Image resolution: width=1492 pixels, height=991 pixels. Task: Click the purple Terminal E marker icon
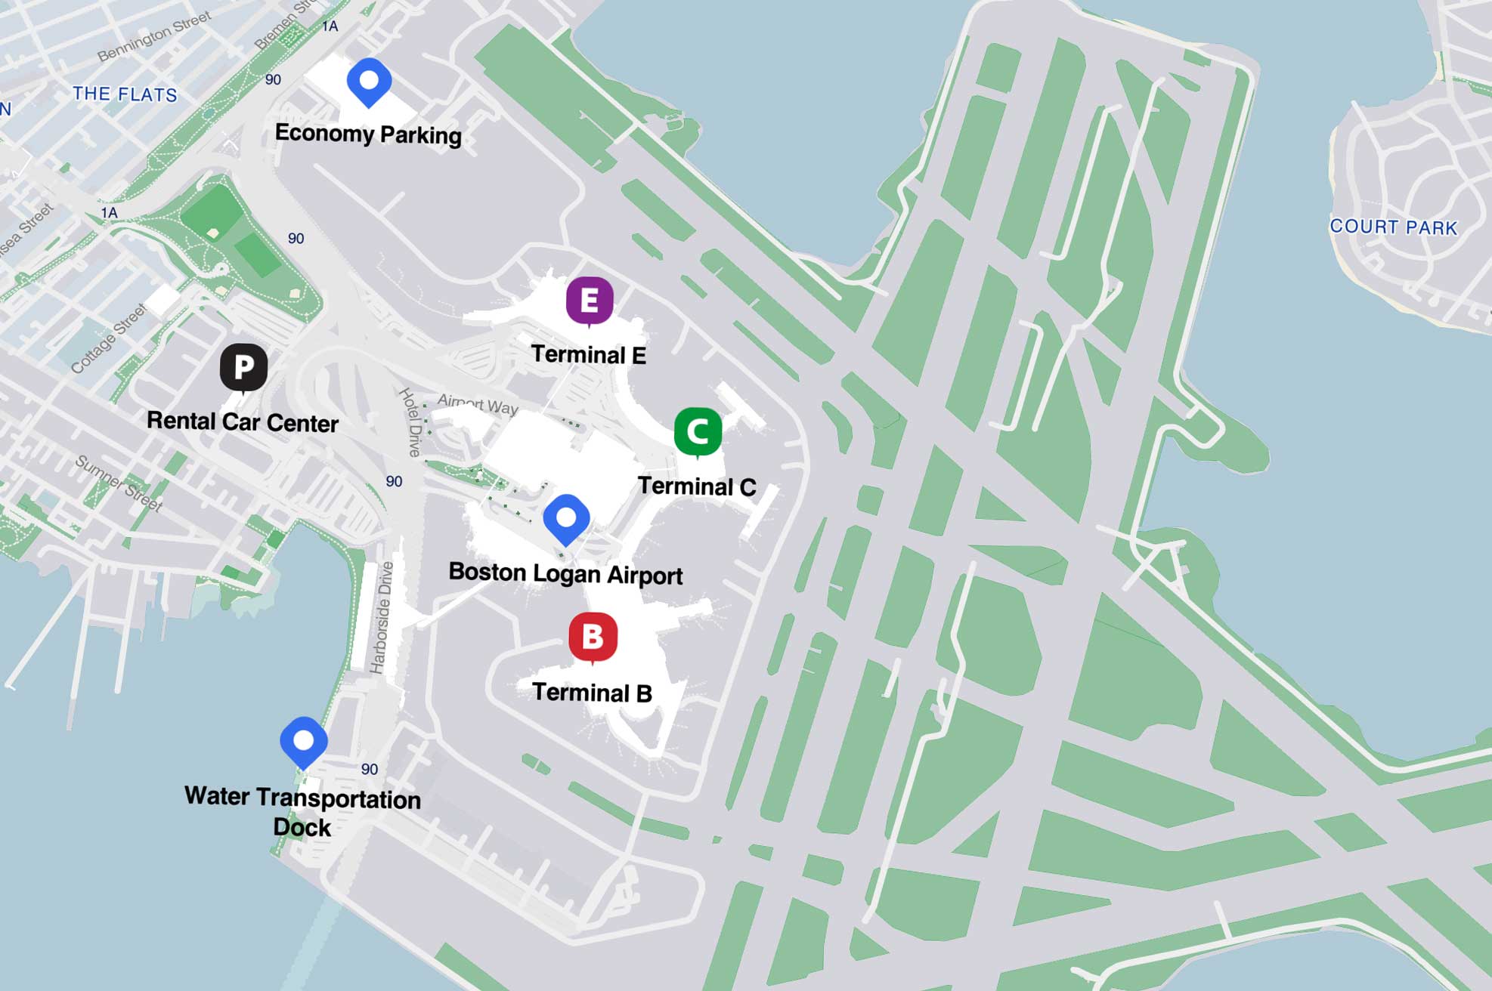pyautogui.click(x=590, y=300)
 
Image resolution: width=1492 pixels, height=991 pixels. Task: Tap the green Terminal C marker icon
pyautogui.click(x=697, y=431)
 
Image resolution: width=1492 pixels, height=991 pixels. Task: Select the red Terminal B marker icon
pyautogui.click(x=593, y=637)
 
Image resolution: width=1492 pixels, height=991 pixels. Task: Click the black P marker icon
pyautogui.click(x=243, y=367)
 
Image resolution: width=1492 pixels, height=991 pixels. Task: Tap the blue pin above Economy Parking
pyautogui.click(x=369, y=80)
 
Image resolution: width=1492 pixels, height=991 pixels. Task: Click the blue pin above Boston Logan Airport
pyautogui.click(x=566, y=518)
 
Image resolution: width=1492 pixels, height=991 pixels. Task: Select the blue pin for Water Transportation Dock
pyautogui.click(x=303, y=741)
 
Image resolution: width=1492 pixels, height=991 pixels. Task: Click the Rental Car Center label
pyautogui.click(x=242, y=422)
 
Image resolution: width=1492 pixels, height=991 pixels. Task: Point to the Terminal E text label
pyautogui.click(x=588, y=354)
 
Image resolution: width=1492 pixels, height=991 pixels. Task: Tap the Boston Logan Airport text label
pyautogui.click(x=565, y=574)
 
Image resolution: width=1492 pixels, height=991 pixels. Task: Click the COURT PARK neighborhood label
pyautogui.click(x=1393, y=227)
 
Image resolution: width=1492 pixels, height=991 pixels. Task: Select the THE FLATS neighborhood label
pyautogui.click(x=125, y=94)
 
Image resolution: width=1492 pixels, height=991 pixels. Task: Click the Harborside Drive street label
pyautogui.click(x=382, y=617)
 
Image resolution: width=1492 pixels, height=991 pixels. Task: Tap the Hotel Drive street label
pyautogui.click(x=410, y=422)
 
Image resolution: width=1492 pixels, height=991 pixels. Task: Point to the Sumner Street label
pyautogui.click(x=119, y=483)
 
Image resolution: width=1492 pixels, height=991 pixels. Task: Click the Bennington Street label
pyautogui.click(x=154, y=38)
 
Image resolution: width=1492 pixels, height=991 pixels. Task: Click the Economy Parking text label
pyautogui.click(x=368, y=134)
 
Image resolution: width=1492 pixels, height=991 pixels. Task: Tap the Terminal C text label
pyautogui.click(x=696, y=486)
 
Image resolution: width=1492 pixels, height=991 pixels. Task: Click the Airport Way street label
pyautogui.click(x=478, y=404)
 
